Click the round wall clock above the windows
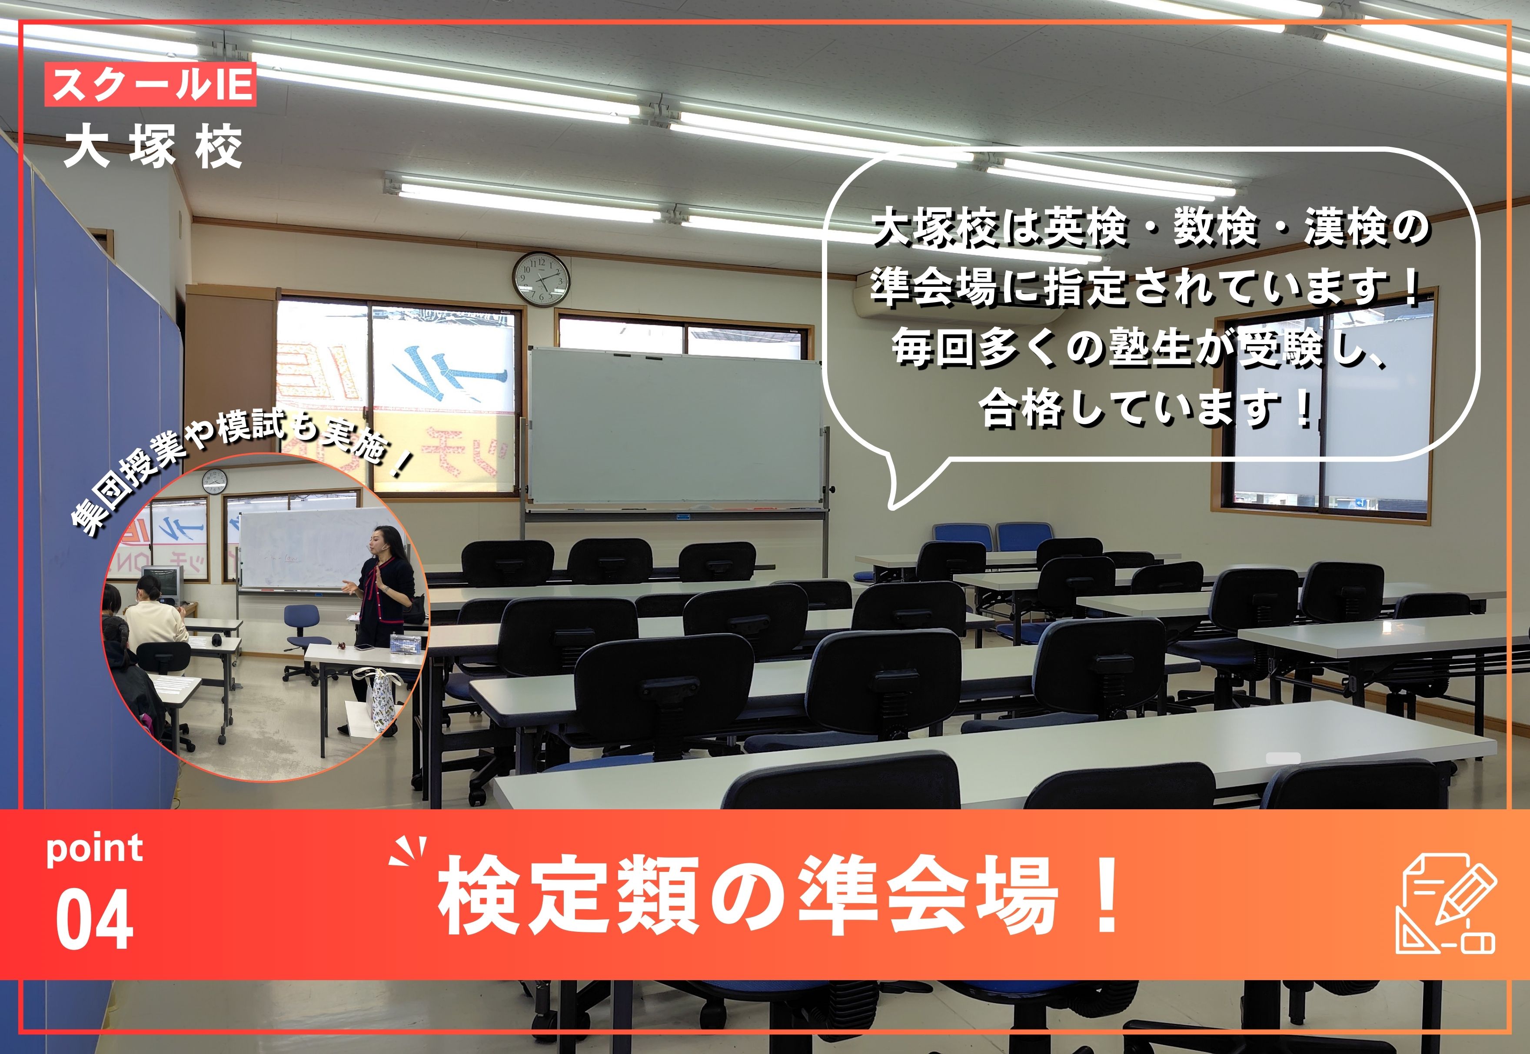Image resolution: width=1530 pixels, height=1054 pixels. click(x=542, y=279)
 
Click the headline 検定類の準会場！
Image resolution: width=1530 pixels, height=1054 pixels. click(x=779, y=896)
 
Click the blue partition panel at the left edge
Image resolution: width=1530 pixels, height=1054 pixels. click(x=86, y=462)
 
